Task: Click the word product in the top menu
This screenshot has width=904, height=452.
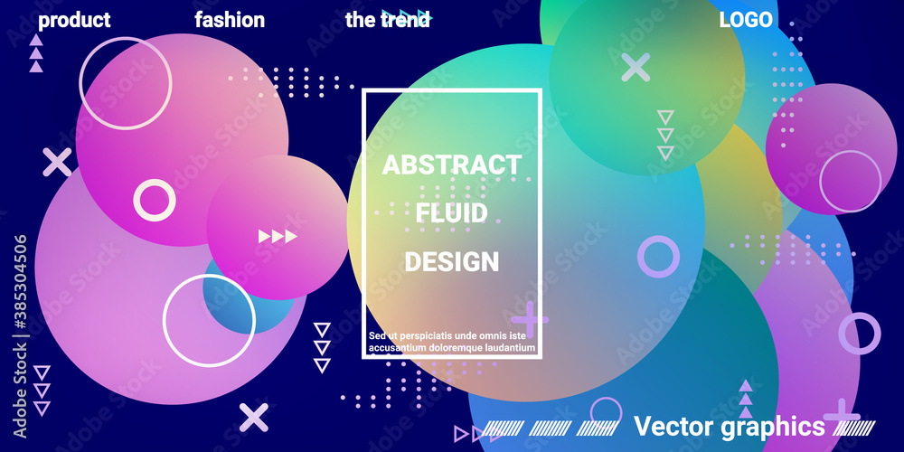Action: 74,21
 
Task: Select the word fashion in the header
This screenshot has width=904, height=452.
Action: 230,20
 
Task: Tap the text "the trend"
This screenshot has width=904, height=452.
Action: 388,20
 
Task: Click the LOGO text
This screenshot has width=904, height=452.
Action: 746,20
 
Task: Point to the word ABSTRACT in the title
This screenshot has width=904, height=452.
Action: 452,165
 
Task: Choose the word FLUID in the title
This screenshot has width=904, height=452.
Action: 452,214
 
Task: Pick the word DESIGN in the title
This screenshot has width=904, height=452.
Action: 452,262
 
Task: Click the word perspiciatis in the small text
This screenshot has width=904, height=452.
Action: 426,335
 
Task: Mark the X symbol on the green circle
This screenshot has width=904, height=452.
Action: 636,68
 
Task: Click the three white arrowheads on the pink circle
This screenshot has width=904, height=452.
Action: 278,236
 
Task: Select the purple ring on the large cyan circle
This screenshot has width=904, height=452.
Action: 658,257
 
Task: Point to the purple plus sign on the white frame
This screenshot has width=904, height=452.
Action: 529,319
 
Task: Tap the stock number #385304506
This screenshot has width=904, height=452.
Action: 20,283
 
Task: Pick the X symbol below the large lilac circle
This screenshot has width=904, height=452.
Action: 254,417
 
